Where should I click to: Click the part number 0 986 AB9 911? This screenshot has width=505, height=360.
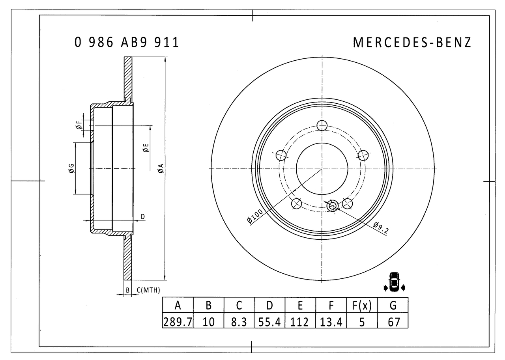click(x=127, y=42)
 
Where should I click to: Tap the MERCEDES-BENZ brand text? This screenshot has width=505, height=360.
click(x=412, y=43)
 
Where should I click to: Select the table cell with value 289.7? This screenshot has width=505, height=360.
click(x=178, y=322)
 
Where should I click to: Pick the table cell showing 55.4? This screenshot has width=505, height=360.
click(x=270, y=322)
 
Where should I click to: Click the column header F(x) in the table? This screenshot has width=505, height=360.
click(x=362, y=305)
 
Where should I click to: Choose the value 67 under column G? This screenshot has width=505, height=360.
click(x=393, y=322)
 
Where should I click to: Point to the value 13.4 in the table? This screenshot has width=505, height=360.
click(x=331, y=322)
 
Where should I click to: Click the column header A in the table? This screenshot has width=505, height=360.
click(x=178, y=305)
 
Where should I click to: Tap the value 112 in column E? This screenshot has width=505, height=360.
click(x=300, y=322)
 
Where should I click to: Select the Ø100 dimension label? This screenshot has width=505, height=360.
click(x=255, y=216)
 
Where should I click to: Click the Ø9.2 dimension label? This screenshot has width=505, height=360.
click(x=381, y=228)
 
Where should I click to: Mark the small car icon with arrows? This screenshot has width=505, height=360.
click(x=394, y=282)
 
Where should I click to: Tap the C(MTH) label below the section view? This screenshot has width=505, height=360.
click(x=148, y=291)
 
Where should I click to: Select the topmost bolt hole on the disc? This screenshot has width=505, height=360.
click(x=322, y=126)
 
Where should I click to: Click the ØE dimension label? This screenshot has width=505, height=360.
click(x=146, y=148)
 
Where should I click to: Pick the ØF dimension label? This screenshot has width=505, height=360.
click(x=79, y=125)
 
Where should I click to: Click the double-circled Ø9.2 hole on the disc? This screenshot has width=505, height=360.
click(x=333, y=205)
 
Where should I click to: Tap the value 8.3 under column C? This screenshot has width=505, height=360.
click(x=239, y=322)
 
